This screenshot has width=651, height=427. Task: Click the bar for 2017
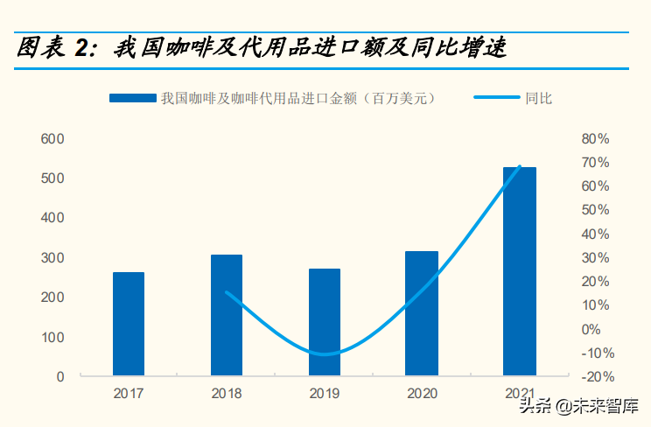pyautogui.click(x=129, y=324)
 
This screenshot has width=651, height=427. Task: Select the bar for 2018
pyautogui.click(x=227, y=315)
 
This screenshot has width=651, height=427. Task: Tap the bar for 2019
pyautogui.click(x=325, y=322)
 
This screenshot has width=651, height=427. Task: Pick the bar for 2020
pyautogui.click(x=422, y=313)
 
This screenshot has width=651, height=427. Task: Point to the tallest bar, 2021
pyautogui.click(x=520, y=271)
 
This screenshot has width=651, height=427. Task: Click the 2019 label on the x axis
pyautogui.click(x=325, y=393)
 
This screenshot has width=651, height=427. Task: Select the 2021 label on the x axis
pyautogui.click(x=520, y=393)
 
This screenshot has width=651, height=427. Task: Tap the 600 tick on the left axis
pyautogui.click(x=52, y=138)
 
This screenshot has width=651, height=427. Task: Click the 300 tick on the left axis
pyautogui.click(x=52, y=257)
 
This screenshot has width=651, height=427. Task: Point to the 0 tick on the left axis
pyautogui.click(x=60, y=376)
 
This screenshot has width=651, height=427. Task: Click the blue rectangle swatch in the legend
pyautogui.click(x=132, y=98)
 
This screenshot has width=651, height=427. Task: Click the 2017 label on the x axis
pyautogui.click(x=129, y=393)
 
